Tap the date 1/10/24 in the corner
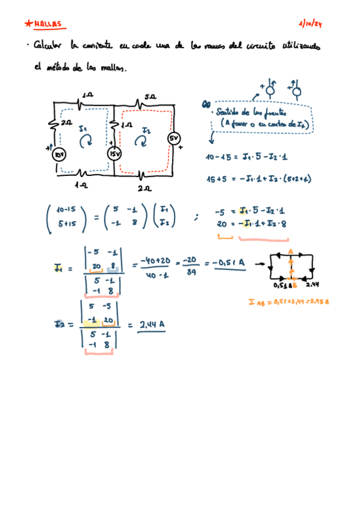pyautogui.click(x=310, y=24)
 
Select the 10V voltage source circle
pyautogui.click(x=60, y=154)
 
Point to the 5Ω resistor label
pyautogui.click(x=150, y=95)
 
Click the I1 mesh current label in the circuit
pyautogui.click(x=83, y=128)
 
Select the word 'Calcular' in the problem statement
pyautogui.click(x=49, y=46)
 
